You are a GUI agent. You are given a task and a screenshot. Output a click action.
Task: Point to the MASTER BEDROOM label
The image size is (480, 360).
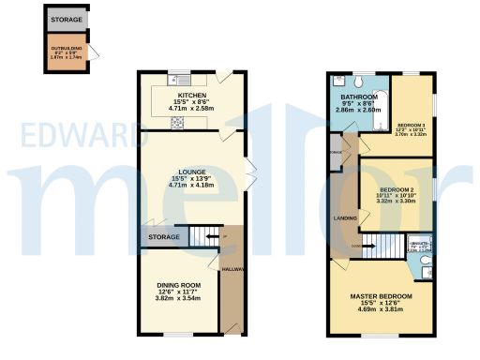(x=381, y=296)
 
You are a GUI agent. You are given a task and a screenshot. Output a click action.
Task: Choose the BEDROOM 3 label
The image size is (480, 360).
(x=411, y=126)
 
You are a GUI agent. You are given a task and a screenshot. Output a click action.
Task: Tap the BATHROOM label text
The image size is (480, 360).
(x=358, y=97)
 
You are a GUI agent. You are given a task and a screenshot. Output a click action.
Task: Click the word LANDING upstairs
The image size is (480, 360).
(x=345, y=218)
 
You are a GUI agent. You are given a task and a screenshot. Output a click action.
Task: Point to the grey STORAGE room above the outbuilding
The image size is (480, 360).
(x=66, y=19)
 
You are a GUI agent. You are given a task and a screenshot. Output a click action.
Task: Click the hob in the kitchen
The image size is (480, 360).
(x=179, y=118)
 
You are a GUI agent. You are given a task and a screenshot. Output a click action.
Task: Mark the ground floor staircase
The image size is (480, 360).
(x=203, y=238)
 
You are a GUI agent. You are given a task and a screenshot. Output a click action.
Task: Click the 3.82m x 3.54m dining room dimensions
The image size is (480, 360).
(x=178, y=298)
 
